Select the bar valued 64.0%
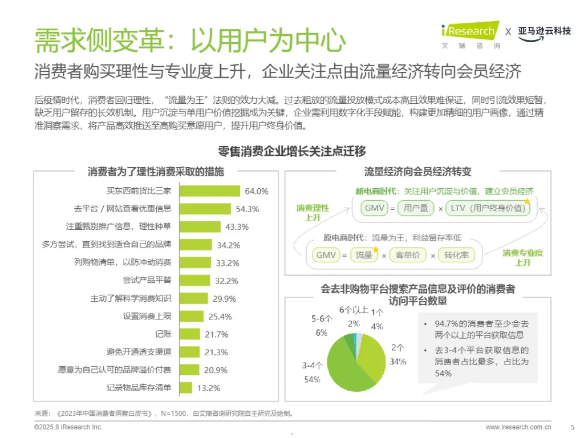click(210, 191)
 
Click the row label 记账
click(163, 334)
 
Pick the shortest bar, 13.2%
click(185, 388)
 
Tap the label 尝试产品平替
click(147, 280)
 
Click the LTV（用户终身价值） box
click(487, 209)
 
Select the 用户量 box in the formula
click(416, 209)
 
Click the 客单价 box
click(408, 255)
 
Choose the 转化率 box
click(457, 255)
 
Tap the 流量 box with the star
click(364, 255)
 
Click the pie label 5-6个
click(322, 318)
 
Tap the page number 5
click(572, 427)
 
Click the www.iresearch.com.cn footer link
click(518, 427)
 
